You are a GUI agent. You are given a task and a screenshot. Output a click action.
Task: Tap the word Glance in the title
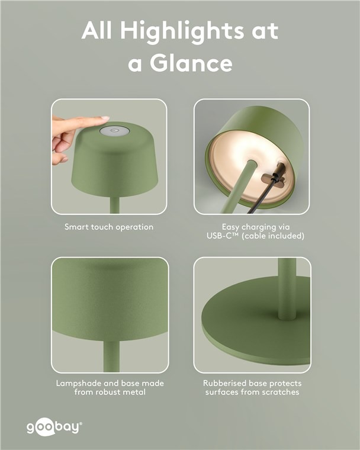click(x=191, y=63)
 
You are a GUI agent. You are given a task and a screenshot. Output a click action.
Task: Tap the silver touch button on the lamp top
click(x=115, y=131)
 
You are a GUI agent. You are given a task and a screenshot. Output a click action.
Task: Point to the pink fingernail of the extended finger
click(x=105, y=118)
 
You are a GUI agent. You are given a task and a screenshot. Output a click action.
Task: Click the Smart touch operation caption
click(x=109, y=227)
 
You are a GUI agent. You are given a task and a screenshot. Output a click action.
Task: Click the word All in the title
click(x=97, y=30)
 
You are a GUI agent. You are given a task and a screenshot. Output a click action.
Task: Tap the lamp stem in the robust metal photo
click(x=112, y=356)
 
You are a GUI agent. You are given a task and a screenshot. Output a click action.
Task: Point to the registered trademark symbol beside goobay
click(x=81, y=423)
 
